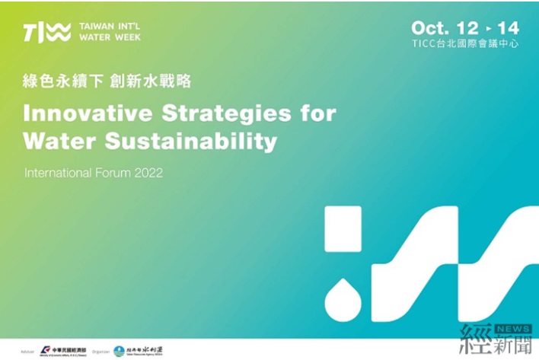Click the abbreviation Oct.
(431, 28)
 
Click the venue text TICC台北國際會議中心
(465, 44)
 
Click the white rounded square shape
(343, 228)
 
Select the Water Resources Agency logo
(138, 351)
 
